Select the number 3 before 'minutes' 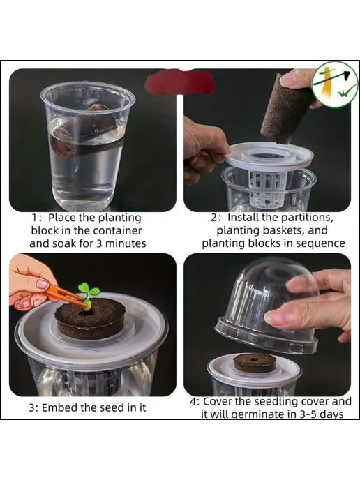(99, 243)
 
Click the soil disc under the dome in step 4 (255, 363)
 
